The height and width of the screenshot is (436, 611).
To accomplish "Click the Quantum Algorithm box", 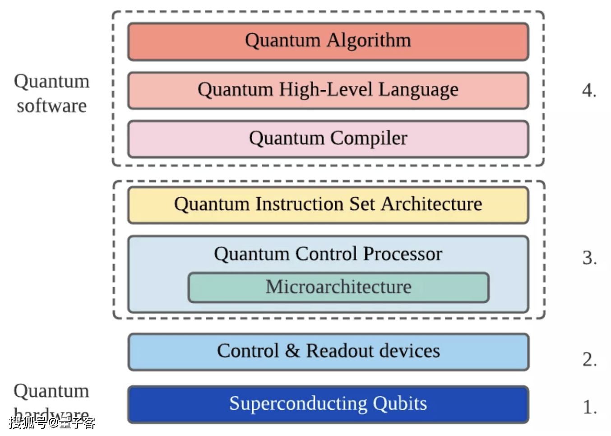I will [328, 42].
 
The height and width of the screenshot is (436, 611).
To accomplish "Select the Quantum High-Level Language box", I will [328, 90].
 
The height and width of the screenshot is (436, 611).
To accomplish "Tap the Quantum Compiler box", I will [328, 139].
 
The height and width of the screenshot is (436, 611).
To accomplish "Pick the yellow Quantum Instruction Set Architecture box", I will [328, 205].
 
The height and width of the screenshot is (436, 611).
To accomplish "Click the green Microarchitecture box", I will [338, 287].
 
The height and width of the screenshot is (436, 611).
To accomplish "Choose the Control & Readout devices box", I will [328, 352].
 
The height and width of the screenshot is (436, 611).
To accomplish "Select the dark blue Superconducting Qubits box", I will [328, 404].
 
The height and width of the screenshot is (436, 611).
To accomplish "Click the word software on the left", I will [52, 106].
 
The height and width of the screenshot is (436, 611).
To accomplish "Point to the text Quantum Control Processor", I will [328, 254].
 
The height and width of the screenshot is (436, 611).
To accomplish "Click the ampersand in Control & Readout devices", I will [292, 351].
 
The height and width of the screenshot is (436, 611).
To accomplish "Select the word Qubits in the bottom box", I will [400, 404].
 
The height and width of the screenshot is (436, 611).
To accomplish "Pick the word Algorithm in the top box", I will [369, 41].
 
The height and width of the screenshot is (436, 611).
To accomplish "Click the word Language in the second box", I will [418, 90].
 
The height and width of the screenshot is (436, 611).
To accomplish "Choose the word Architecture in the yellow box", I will [431, 204].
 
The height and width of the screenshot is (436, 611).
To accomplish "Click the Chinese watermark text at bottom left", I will [52, 423].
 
